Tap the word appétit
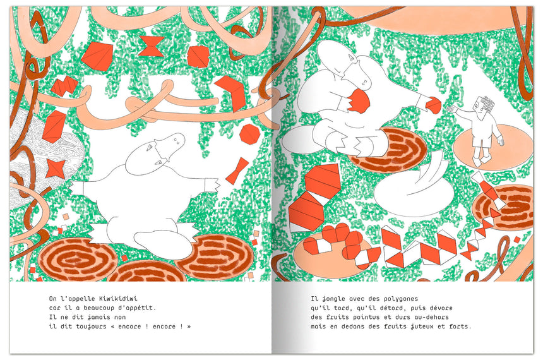tap(142, 308)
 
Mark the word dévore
tap(441, 308)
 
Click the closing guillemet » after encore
tap(189, 327)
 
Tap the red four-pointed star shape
tap(56, 169)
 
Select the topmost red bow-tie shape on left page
tap(151, 47)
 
